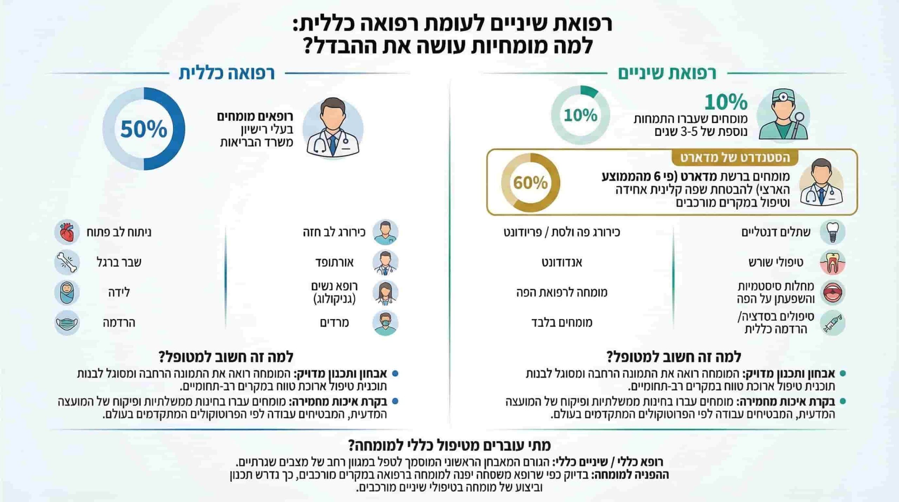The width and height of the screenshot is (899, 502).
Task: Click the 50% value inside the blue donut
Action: pyautogui.click(x=144, y=129)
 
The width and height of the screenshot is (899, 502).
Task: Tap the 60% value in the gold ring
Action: pyautogui.click(x=530, y=183)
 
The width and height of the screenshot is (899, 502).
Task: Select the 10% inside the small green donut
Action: pyautogui.click(x=580, y=115)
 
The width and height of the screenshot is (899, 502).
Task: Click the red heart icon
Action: pyautogui.click(x=67, y=232)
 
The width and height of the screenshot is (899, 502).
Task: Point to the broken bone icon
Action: pyautogui.click(x=67, y=262)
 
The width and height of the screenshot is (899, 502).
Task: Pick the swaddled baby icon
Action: pyautogui.click(x=67, y=292)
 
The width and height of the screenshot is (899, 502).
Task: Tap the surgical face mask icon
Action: pyautogui.click(x=67, y=323)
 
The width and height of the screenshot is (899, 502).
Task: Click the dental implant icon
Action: pyautogui.click(x=832, y=232)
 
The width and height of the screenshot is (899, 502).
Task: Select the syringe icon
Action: pyautogui.click(x=832, y=323)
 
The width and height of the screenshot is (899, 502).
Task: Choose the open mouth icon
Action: pyautogui.click(x=832, y=292)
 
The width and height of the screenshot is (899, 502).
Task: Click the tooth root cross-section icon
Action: pyautogui.click(x=832, y=262)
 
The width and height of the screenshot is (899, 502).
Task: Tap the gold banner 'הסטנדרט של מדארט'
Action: pyautogui.click(x=735, y=158)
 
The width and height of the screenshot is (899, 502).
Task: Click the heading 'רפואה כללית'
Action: pyautogui.click(x=227, y=73)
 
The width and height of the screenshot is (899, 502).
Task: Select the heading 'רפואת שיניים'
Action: pyautogui.click(x=667, y=73)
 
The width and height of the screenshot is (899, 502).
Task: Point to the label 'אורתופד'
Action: pyautogui.click(x=334, y=262)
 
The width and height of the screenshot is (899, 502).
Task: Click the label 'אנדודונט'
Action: pyautogui.click(x=562, y=262)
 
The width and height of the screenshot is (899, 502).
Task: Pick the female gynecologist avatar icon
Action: pyautogui.click(x=385, y=293)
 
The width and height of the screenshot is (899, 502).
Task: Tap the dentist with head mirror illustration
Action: pyautogui.click(x=783, y=116)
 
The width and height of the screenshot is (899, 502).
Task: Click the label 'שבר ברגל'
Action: pyautogui.click(x=119, y=262)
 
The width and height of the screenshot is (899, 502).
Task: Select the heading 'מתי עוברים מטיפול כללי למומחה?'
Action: pyautogui.click(x=449, y=445)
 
